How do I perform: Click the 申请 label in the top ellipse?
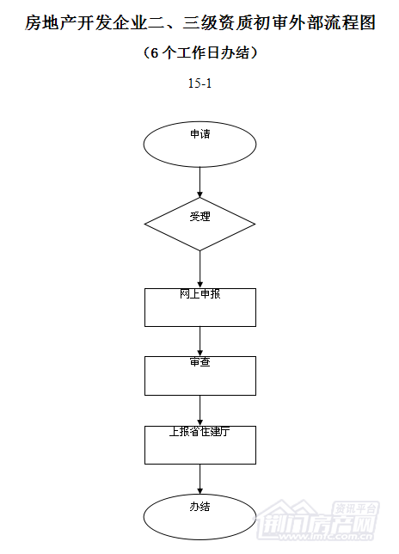(199, 134)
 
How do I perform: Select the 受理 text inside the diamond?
(199, 216)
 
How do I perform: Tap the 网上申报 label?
(199, 294)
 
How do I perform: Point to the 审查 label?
(199, 362)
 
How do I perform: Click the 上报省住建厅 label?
(199, 431)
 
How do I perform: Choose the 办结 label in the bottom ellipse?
(199, 507)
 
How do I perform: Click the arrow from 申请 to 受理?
(199, 182)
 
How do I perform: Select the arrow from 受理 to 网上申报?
(199, 269)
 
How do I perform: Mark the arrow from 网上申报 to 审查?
(199, 342)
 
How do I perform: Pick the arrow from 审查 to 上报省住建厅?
(199, 410)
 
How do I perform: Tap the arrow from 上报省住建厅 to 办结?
(199, 479)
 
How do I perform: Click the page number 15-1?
(199, 83)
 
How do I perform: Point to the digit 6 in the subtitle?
(154, 53)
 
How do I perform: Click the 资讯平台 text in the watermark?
(355, 508)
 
